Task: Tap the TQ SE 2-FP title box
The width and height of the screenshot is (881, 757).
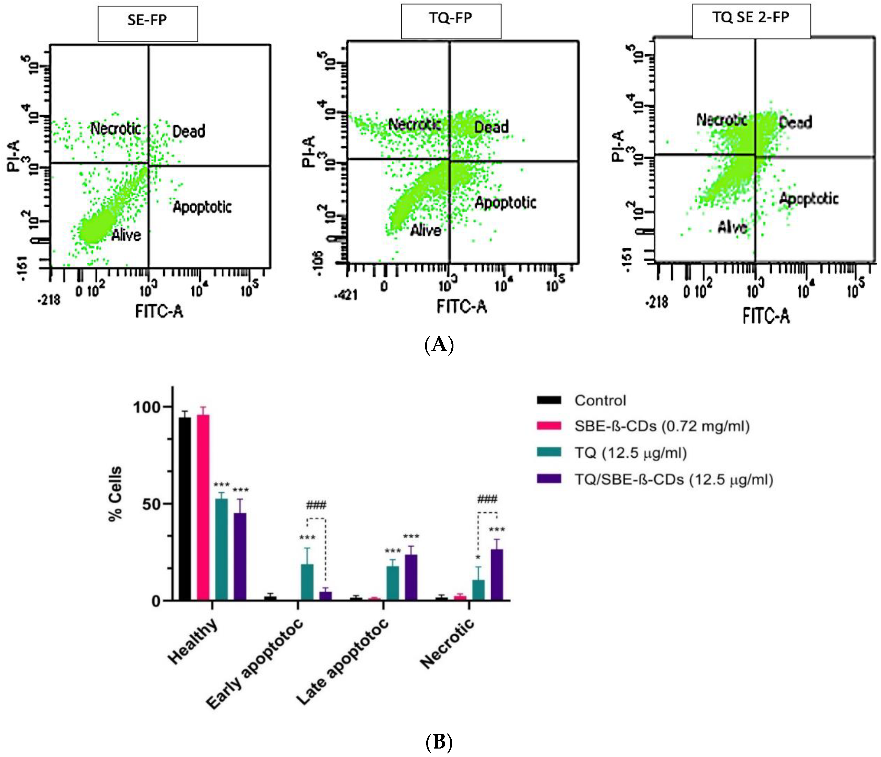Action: (751, 21)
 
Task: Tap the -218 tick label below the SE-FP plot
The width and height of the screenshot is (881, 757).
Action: (50, 300)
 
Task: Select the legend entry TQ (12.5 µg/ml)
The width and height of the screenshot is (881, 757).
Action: (630, 453)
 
